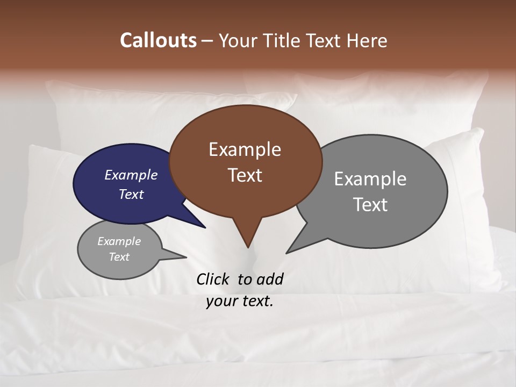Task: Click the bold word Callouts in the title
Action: [158, 40]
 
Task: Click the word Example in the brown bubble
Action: [245, 149]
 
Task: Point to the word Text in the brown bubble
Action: [245, 175]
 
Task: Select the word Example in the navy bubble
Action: [131, 175]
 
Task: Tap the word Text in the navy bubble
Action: [131, 194]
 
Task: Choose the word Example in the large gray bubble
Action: [370, 179]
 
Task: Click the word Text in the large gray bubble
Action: [370, 205]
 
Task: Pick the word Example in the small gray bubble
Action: [119, 241]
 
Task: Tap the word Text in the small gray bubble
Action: [119, 257]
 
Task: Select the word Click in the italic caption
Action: [213, 279]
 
